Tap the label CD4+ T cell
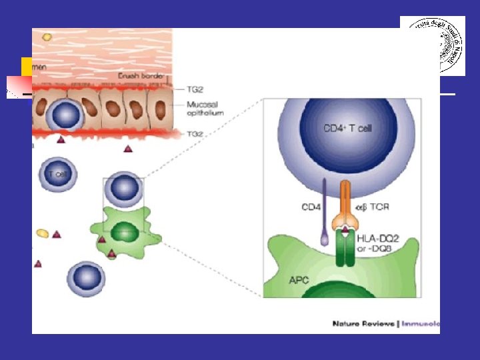tap(347, 128)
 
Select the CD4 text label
tap(311, 208)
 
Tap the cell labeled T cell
tap(58, 175)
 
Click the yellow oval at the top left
tap(47, 37)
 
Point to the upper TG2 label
tap(193, 87)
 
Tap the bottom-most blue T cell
tap(85, 278)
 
